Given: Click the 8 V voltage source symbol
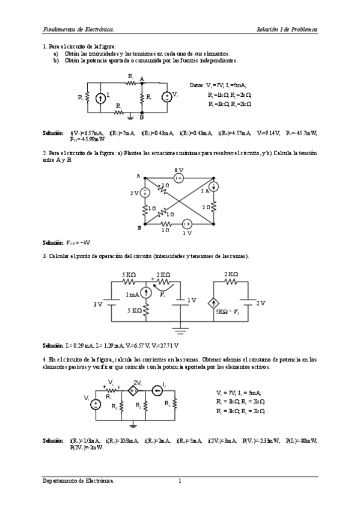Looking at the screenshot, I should click(178, 178).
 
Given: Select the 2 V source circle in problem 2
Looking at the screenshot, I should click(145, 192).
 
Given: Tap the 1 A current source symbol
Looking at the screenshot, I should click(215, 186).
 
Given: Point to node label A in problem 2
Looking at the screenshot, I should click(138, 176).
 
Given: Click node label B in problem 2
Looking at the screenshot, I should click(139, 227).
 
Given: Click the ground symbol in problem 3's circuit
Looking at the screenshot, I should click(178, 329).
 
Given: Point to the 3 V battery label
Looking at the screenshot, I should click(98, 305).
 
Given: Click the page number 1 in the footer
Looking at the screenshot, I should click(179, 481).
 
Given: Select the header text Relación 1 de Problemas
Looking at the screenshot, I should click(287, 29).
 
